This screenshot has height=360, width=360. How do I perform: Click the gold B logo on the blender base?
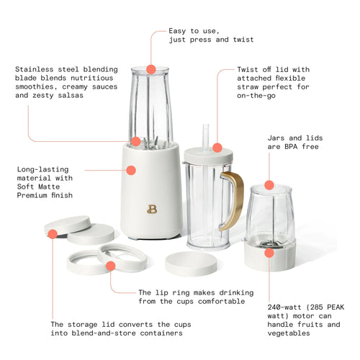(x=151, y=210)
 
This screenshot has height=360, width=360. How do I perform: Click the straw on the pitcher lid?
(x=205, y=136)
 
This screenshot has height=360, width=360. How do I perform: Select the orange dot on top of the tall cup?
(x=151, y=69)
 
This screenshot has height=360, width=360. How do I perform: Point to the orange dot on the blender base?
(x=131, y=171)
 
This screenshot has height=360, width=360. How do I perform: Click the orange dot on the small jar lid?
(x=269, y=185)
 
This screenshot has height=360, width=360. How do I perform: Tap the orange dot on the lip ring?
(x=111, y=266)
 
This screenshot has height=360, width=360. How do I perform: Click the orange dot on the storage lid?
(x=53, y=233)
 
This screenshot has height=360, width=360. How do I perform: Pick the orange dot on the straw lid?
(x=217, y=148)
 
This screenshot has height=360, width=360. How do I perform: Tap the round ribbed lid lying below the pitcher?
(x=191, y=263)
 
